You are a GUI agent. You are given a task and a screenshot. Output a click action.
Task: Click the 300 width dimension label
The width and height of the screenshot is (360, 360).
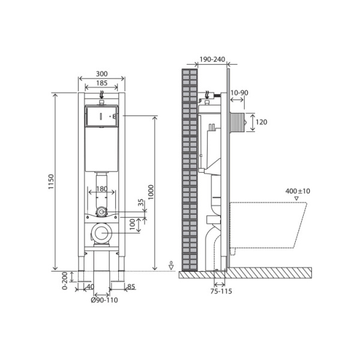point(101,74)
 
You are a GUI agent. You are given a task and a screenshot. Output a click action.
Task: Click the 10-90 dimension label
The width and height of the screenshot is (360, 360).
point(240,92)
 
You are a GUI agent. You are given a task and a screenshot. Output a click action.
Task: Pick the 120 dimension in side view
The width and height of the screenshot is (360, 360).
point(262,122)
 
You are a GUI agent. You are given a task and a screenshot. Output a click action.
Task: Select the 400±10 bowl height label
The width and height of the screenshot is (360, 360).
point(298,191)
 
